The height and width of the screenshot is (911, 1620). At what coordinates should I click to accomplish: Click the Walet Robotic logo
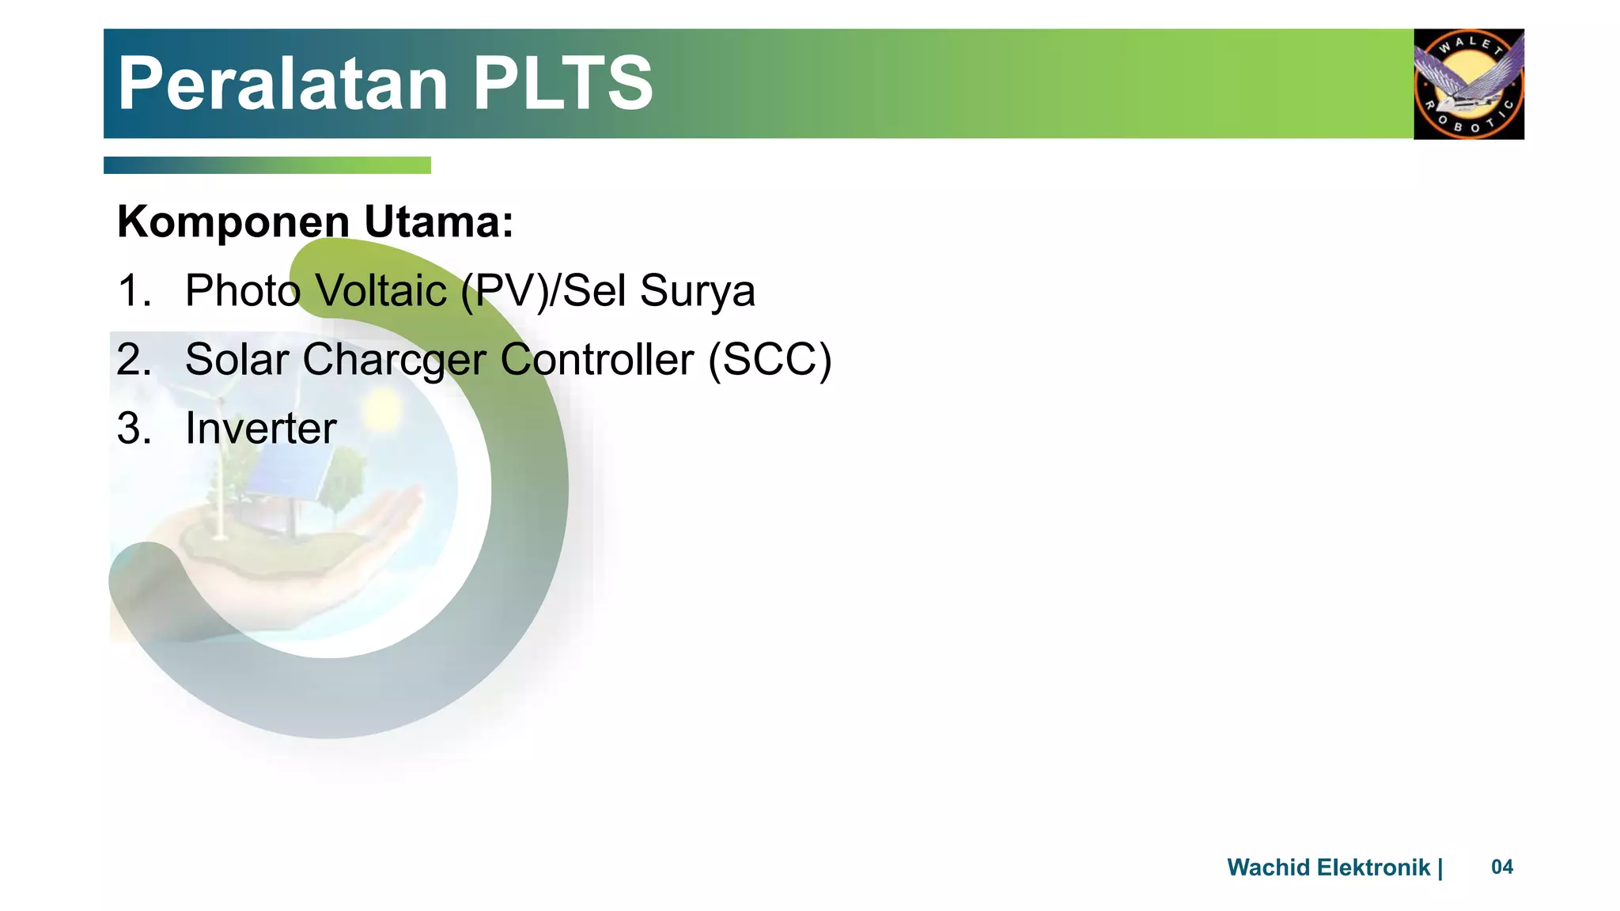(x=1468, y=84)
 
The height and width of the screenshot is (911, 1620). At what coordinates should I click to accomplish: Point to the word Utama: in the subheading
(x=439, y=222)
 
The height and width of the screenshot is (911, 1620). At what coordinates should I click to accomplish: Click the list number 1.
(x=133, y=290)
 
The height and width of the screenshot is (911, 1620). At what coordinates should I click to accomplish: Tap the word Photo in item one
(x=243, y=290)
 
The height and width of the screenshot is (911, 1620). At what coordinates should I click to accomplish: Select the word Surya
(x=697, y=292)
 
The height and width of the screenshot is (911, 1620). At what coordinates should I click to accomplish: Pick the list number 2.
(x=133, y=359)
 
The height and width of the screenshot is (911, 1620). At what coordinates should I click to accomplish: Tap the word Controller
(x=597, y=359)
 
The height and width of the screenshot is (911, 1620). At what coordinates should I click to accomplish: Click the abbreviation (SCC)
(x=770, y=361)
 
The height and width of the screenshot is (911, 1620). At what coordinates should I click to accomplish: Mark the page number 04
(x=1502, y=868)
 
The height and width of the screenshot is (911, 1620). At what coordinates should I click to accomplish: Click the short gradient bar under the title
(x=267, y=165)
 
